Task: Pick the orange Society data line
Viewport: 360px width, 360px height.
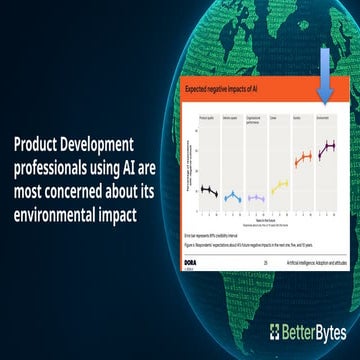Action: [303, 157]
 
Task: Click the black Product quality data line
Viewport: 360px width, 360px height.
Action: [208, 190]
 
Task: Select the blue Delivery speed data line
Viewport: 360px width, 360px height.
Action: [232, 197]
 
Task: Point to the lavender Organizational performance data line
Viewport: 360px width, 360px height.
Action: [256, 197]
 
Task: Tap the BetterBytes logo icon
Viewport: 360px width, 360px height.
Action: [276, 332]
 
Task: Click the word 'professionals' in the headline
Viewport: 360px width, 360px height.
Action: [54, 163]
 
